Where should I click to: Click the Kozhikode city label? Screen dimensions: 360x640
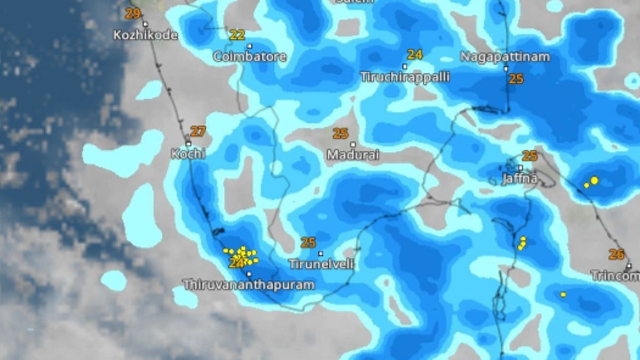(145, 35)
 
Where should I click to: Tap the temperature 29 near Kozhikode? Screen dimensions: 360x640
(133, 13)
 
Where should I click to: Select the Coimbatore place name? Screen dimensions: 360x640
(250, 56)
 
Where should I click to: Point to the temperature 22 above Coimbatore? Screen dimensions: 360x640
(237, 35)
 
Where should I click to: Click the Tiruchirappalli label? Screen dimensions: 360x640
(405, 77)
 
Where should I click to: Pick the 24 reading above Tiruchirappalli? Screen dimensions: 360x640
(415, 54)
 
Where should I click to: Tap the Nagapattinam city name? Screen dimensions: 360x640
(505, 57)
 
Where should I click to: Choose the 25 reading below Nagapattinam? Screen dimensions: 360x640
(516, 79)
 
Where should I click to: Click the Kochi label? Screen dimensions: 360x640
(188, 154)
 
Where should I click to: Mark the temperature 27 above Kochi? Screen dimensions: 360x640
(198, 131)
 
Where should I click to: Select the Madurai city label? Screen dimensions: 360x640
(353, 155)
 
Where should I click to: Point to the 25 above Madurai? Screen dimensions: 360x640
(341, 133)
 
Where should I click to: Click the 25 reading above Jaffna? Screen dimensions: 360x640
(530, 156)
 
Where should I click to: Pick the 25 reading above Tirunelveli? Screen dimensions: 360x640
(308, 243)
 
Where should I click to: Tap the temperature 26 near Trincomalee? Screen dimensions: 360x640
(617, 254)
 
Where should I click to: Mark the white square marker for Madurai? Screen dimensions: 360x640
(353, 145)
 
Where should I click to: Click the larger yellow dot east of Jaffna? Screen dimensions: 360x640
(594, 181)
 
